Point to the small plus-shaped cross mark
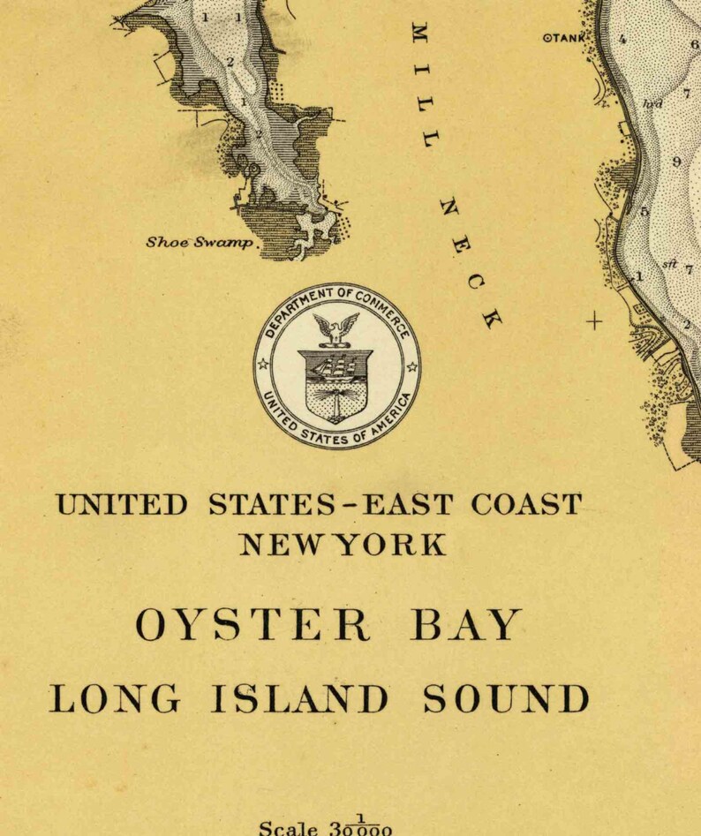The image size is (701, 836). (x=594, y=321)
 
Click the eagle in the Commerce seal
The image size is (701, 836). (x=336, y=328)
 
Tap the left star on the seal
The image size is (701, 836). (x=262, y=364)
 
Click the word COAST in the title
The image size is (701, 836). (x=526, y=505)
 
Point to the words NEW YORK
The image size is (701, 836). (x=343, y=545)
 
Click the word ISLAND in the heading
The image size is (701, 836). (x=299, y=699)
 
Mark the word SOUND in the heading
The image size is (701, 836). (x=506, y=699)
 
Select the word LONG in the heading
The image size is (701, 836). (x=116, y=699)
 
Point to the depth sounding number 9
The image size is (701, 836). (x=677, y=162)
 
